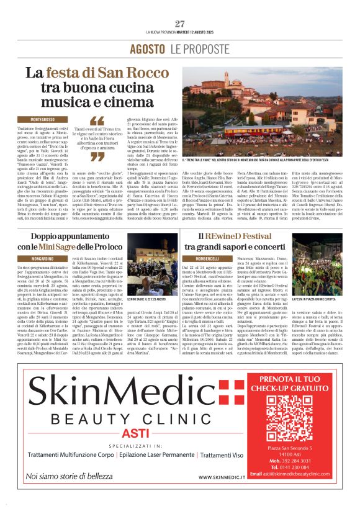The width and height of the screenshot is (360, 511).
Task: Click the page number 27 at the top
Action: [x=180, y=24]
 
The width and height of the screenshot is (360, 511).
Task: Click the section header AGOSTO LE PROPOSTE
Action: [x=180, y=49]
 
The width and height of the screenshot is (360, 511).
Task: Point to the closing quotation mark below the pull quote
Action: [x=97, y=157]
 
